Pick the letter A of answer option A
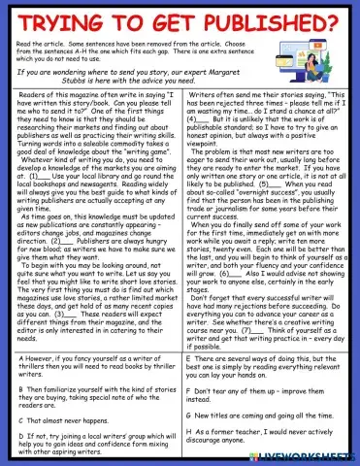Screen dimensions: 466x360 21,357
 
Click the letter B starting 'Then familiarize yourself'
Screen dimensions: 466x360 21,387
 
